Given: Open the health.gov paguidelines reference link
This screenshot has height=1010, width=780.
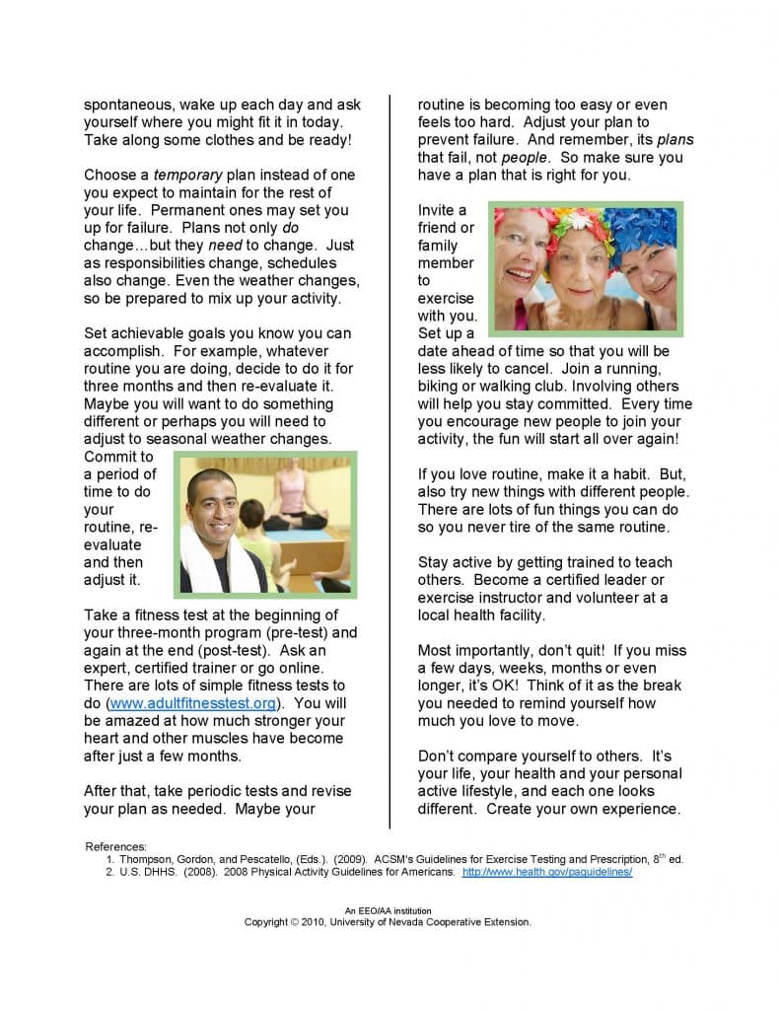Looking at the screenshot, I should pos(547,872).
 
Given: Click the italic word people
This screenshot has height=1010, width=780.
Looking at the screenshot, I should pos(524,157).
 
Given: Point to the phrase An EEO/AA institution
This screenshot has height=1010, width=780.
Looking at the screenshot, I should pos(388,910).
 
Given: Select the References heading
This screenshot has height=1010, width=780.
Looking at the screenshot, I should pos(115,846).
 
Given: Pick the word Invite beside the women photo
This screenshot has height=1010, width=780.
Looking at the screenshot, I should pos(436,210).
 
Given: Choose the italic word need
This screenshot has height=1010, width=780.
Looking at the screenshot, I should pos(225,245).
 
